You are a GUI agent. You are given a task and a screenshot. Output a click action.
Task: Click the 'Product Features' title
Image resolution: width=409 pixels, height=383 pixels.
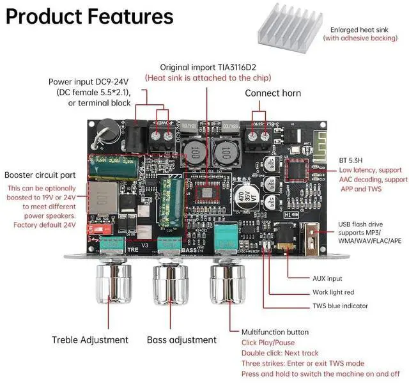(x=89, y=17)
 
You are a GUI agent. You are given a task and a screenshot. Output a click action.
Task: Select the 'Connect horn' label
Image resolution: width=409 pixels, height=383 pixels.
(x=273, y=93)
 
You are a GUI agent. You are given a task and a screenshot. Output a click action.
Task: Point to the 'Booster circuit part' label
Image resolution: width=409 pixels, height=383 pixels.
(x=41, y=175)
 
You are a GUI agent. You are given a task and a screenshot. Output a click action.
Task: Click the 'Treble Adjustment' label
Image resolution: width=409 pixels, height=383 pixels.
(x=89, y=340)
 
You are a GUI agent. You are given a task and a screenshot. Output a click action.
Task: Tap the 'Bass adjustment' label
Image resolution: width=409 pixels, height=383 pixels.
(x=181, y=340)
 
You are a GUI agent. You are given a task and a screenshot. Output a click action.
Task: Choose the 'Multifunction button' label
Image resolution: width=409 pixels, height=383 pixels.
(x=275, y=332)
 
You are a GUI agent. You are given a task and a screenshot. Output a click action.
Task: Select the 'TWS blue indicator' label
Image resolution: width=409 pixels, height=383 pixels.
(x=340, y=306)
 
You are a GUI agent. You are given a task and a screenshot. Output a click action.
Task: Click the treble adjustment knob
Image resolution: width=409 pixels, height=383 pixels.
(x=113, y=285)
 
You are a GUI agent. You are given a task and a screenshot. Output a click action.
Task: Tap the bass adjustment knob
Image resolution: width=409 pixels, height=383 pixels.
(x=171, y=285)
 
